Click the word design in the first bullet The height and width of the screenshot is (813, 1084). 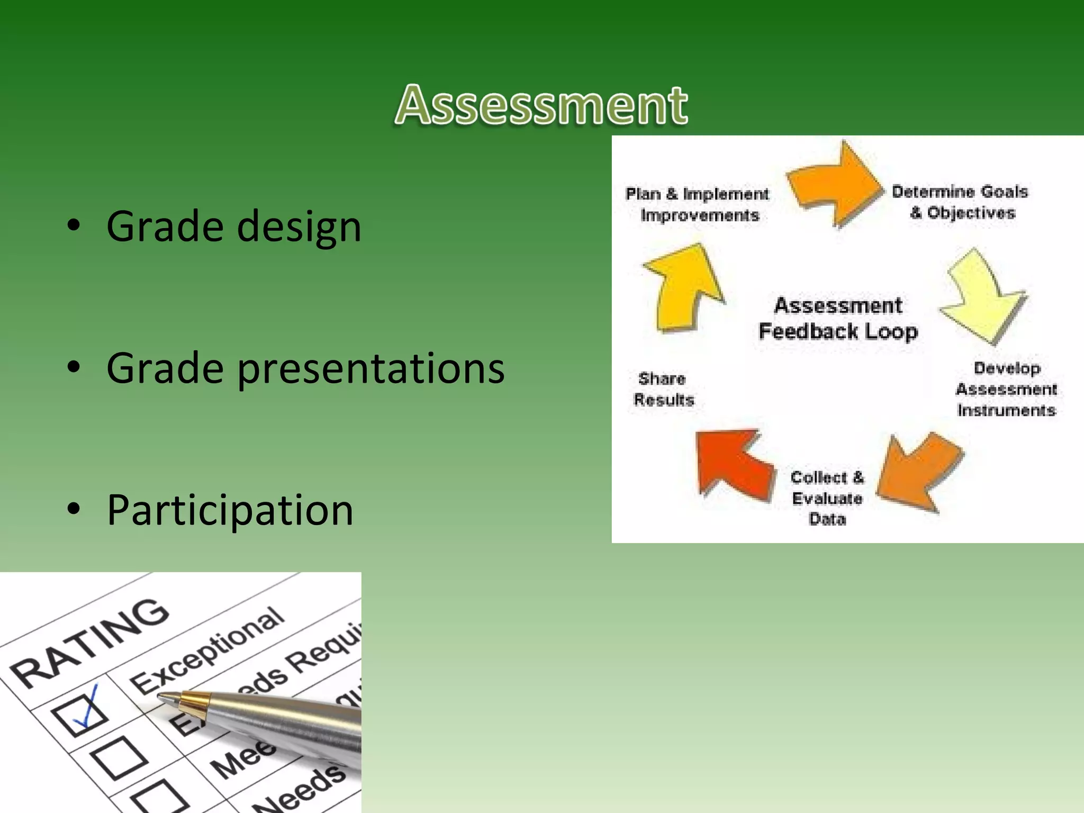(299, 227)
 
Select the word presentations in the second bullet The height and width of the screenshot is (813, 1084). (371, 368)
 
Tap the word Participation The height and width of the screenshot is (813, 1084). (230, 510)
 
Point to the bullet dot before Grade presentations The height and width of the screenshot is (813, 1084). (74, 367)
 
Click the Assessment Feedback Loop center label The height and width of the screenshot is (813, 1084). (838, 318)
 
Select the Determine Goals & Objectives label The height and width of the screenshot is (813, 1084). (960, 202)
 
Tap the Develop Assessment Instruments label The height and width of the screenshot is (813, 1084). (1006, 389)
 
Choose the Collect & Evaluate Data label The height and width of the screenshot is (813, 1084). (827, 498)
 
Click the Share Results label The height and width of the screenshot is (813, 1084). (663, 389)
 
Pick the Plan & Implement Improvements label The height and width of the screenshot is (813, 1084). (698, 204)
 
